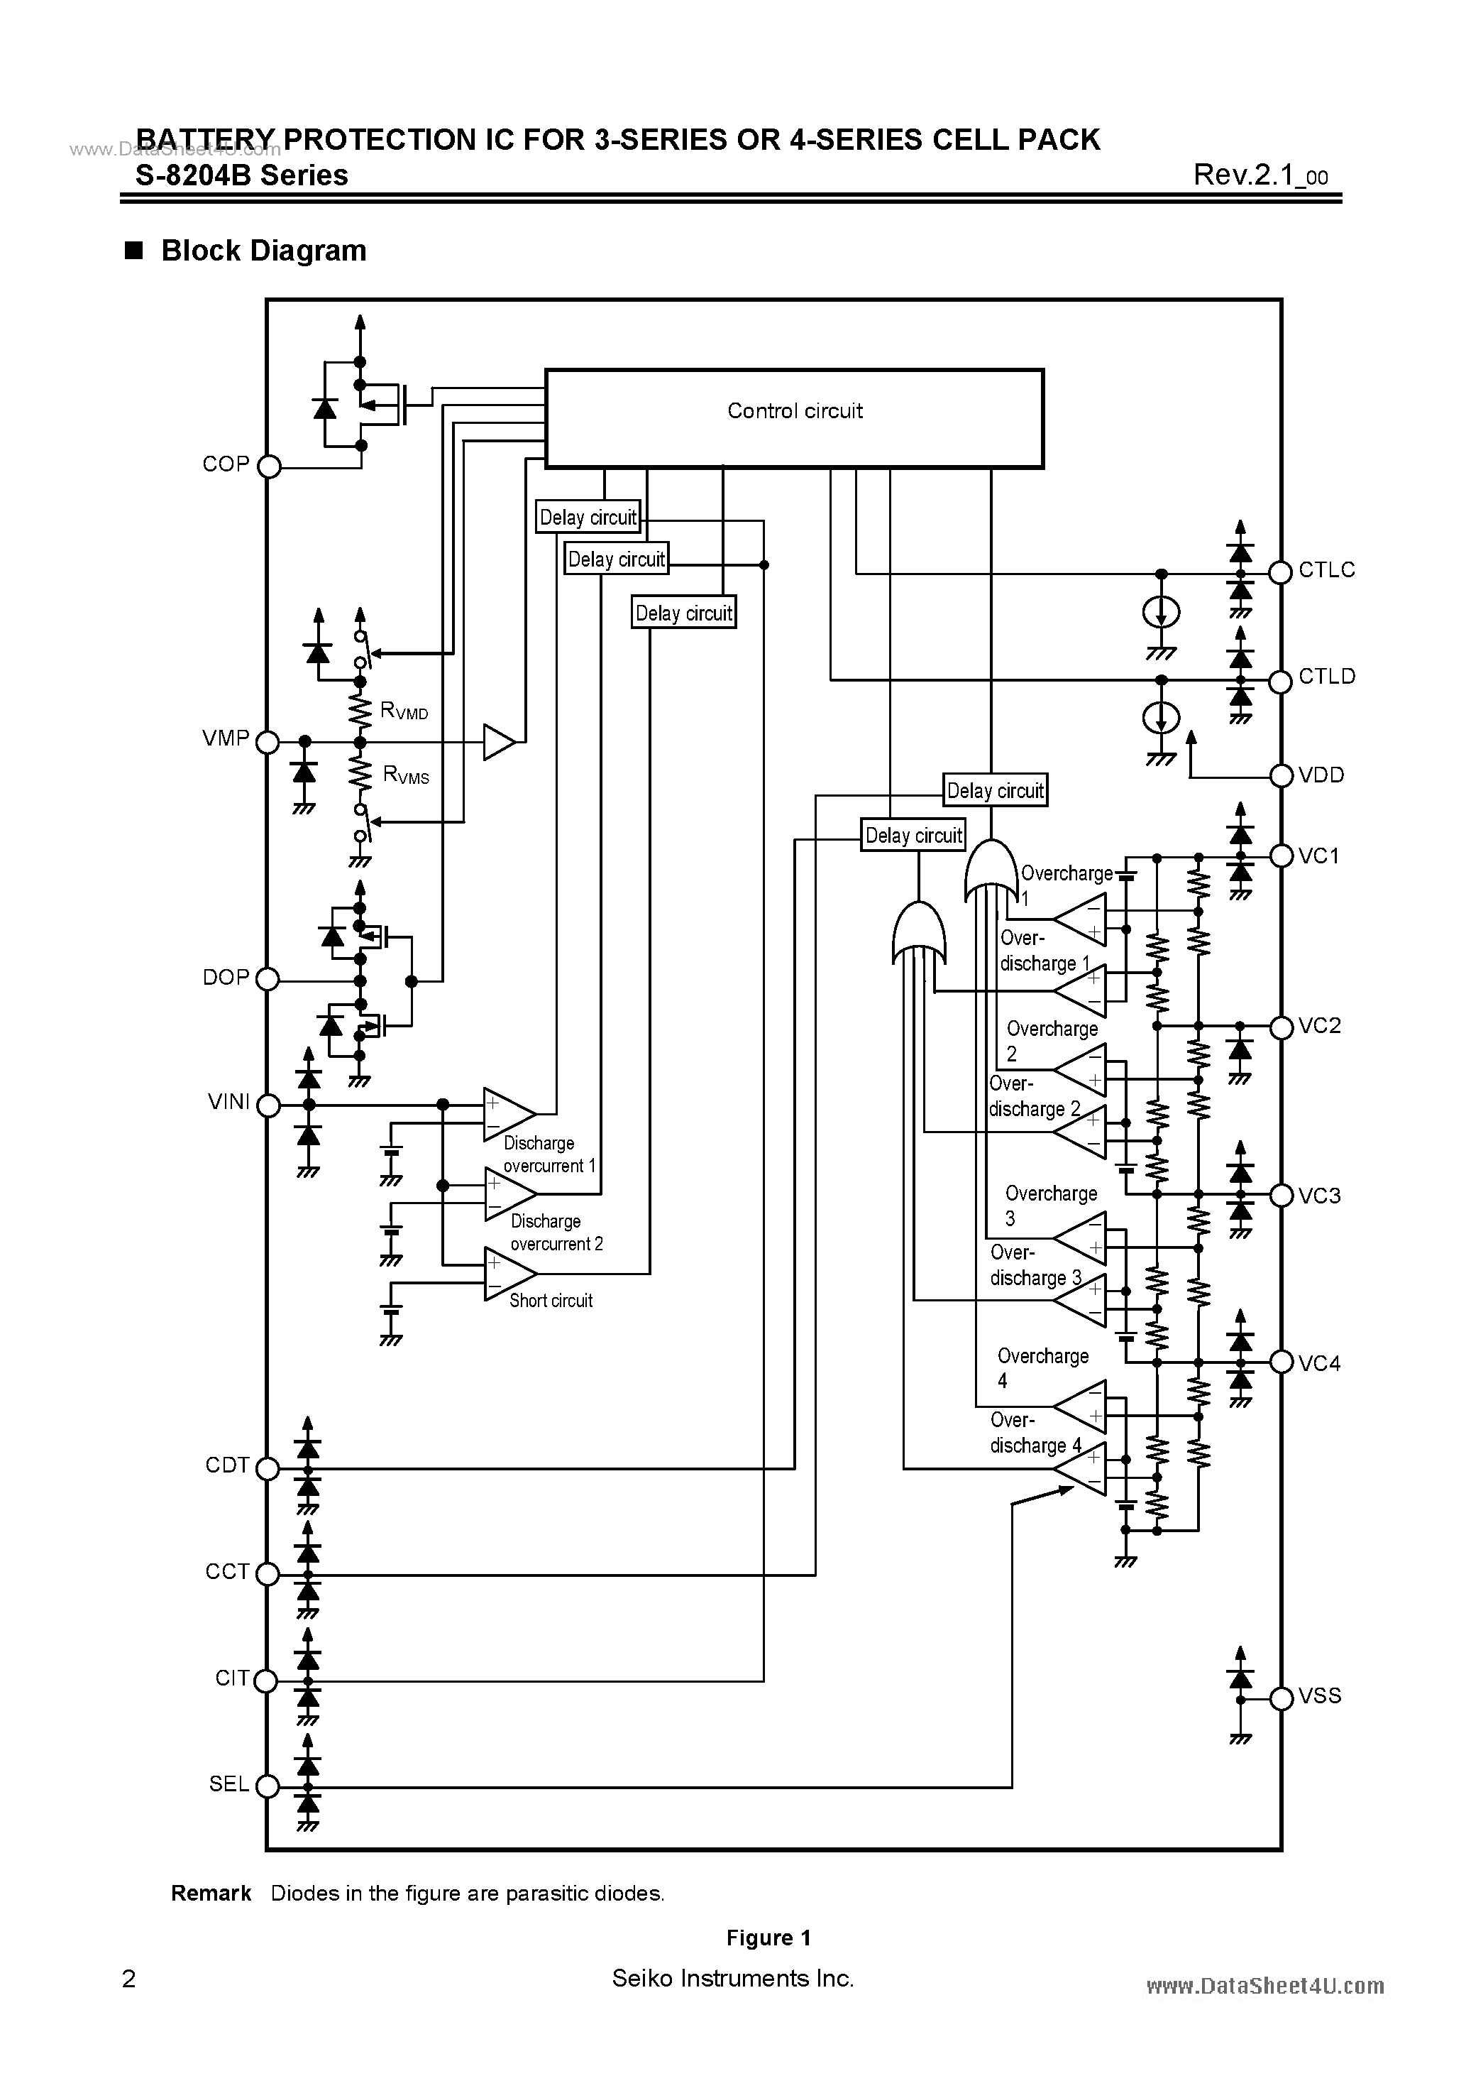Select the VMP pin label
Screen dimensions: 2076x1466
226,738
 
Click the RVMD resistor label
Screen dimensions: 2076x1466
404,711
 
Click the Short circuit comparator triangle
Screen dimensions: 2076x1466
508,1274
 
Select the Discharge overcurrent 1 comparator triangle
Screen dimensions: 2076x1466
508,1114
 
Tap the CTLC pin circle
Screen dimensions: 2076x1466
1280,572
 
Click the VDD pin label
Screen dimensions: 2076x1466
1321,775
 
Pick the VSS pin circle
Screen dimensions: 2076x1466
1281,1699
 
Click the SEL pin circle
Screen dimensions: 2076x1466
268,1786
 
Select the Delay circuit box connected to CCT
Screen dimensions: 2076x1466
994,790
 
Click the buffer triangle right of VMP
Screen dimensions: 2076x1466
498,741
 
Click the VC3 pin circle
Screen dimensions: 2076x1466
1281,1196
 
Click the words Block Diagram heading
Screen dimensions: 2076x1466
263,251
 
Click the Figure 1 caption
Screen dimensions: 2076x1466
768,1937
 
